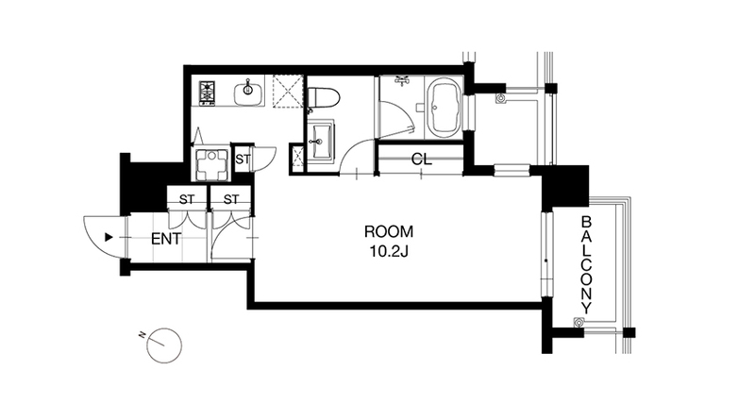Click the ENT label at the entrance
coord(166,239)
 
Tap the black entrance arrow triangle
coord(109,237)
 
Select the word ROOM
coord(388,231)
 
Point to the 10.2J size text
coord(388,251)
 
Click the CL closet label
coord(422,160)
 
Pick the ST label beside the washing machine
coord(243,160)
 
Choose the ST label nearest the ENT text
coord(187,199)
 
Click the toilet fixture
coord(323,97)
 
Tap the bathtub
coord(443,109)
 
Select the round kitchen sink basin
coord(248,90)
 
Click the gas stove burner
coord(208,91)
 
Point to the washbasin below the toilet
coord(319,140)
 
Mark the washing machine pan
coord(210,163)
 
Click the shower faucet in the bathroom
coord(403,80)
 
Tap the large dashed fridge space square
coord(288,92)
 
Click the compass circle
coord(164,345)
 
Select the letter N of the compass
coord(143,335)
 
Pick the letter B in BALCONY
coord(586,222)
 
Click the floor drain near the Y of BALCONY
coord(577,322)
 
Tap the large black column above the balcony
coord(565,186)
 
